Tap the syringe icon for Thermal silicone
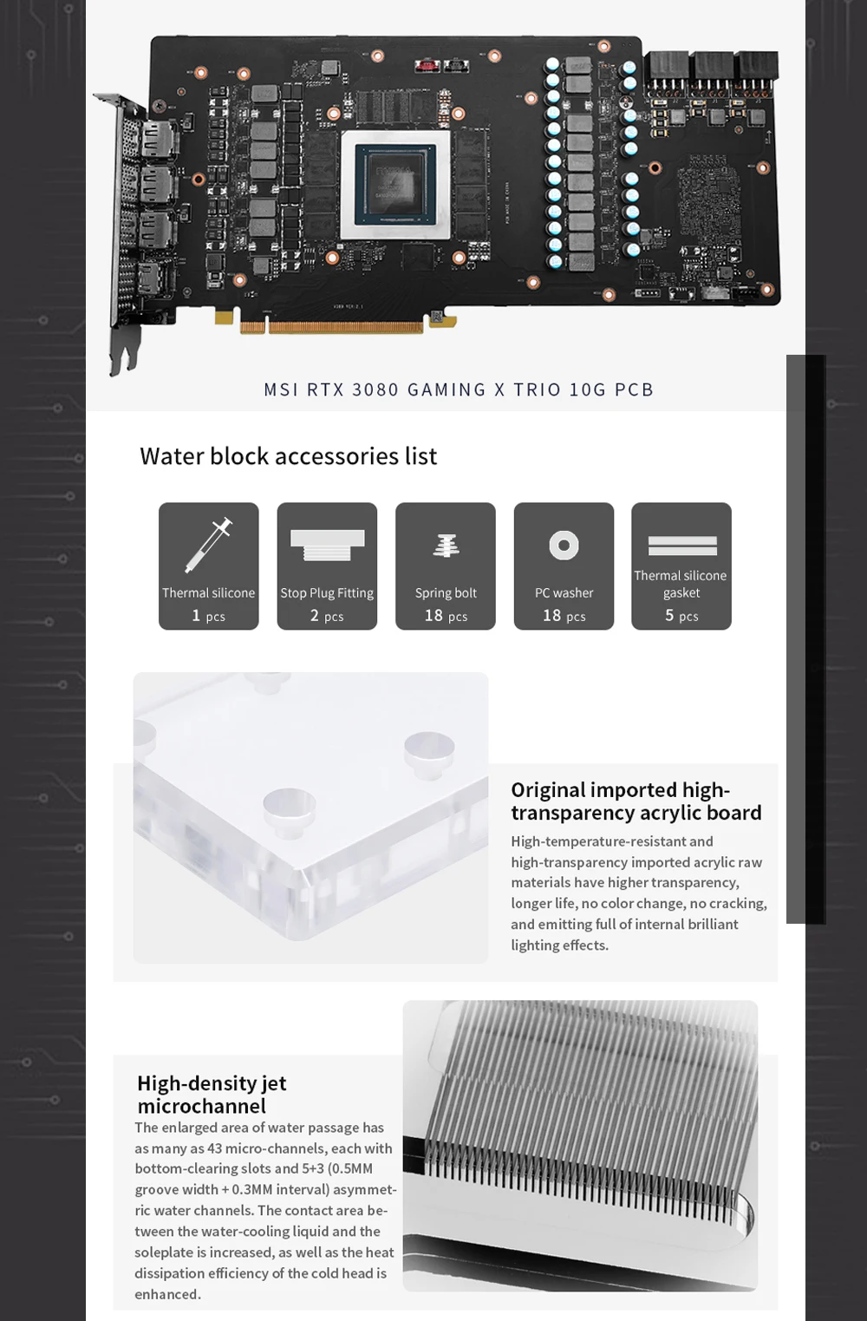[x=209, y=545]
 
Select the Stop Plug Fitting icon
[x=327, y=545]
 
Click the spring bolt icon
[x=447, y=546]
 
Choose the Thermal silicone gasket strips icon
[x=682, y=546]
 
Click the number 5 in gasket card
[x=669, y=615]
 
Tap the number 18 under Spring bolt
[x=433, y=615]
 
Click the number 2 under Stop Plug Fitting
[x=315, y=615]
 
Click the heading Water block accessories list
[x=288, y=456]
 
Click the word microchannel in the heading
[x=201, y=1106]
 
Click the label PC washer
[x=564, y=592]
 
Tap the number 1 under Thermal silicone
[x=196, y=615]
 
